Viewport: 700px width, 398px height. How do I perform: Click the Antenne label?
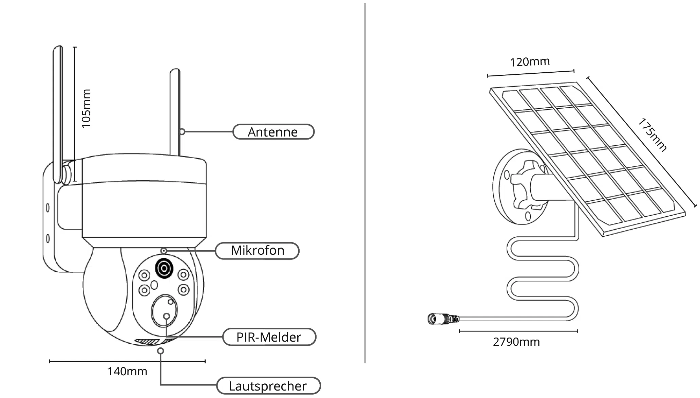click(273, 132)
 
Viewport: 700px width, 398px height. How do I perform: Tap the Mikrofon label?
click(257, 251)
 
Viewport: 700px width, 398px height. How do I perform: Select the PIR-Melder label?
click(269, 337)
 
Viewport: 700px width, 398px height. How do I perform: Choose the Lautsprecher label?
click(268, 386)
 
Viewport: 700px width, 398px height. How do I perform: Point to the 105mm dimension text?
click(86, 109)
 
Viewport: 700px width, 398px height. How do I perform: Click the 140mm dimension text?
click(127, 372)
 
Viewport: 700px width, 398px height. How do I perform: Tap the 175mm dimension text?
click(652, 134)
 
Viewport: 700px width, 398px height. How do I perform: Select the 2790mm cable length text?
click(516, 342)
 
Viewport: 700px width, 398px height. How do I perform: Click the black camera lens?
click(164, 269)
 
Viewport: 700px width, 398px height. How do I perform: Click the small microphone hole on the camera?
click(164, 251)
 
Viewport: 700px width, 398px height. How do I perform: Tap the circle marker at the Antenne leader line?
click(182, 131)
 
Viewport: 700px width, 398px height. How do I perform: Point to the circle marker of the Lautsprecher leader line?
click(161, 350)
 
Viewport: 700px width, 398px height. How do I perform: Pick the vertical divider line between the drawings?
click(365, 183)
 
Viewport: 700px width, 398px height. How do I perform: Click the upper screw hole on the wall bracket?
click(48, 207)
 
